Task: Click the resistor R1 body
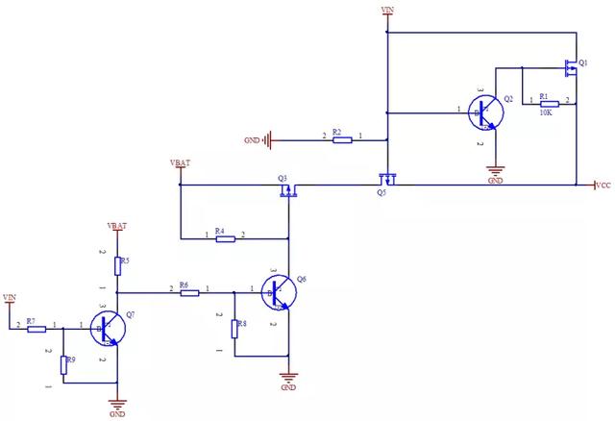pyautogui.click(x=548, y=101)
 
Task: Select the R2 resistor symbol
pyautogui.click(x=342, y=140)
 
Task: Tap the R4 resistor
pyautogui.click(x=226, y=238)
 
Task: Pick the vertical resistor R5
pyautogui.click(x=117, y=264)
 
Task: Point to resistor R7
pyautogui.click(x=37, y=329)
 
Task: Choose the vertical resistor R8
pyautogui.click(x=234, y=328)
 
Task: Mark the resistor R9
pyautogui.click(x=63, y=364)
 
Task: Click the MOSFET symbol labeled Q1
pyautogui.click(x=571, y=67)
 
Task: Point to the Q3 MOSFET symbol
pyautogui.click(x=287, y=190)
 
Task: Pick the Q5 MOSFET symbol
pyautogui.click(x=387, y=178)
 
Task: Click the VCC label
pyautogui.click(x=603, y=185)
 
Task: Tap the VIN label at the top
pyautogui.click(x=387, y=10)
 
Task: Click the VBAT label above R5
pyautogui.click(x=118, y=226)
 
